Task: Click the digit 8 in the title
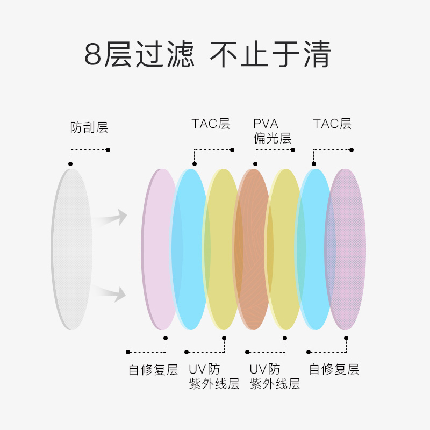tap(93, 54)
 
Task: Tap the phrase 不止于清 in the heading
tap(270, 54)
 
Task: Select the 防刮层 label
tap(89, 127)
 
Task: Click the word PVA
tap(266, 124)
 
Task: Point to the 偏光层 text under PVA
tap(273, 138)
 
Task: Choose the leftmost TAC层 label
tap(211, 124)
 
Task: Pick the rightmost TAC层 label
tap(332, 124)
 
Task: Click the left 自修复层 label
tap(153, 370)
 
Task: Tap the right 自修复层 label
tap(334, 369)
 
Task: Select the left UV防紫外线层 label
tap(214, 376)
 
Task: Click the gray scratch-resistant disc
tap(72, 249)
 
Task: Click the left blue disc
tap(190, 249)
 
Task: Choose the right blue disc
tap(314, 249)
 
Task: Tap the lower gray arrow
tap(111, 293)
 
